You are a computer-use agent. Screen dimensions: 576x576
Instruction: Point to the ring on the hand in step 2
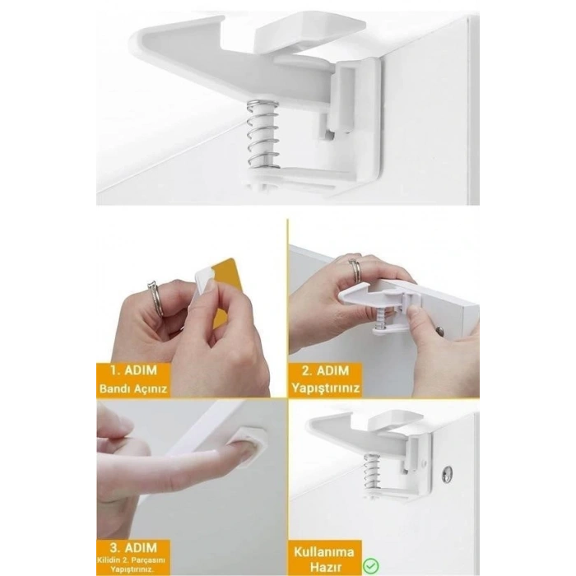[355, 269]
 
